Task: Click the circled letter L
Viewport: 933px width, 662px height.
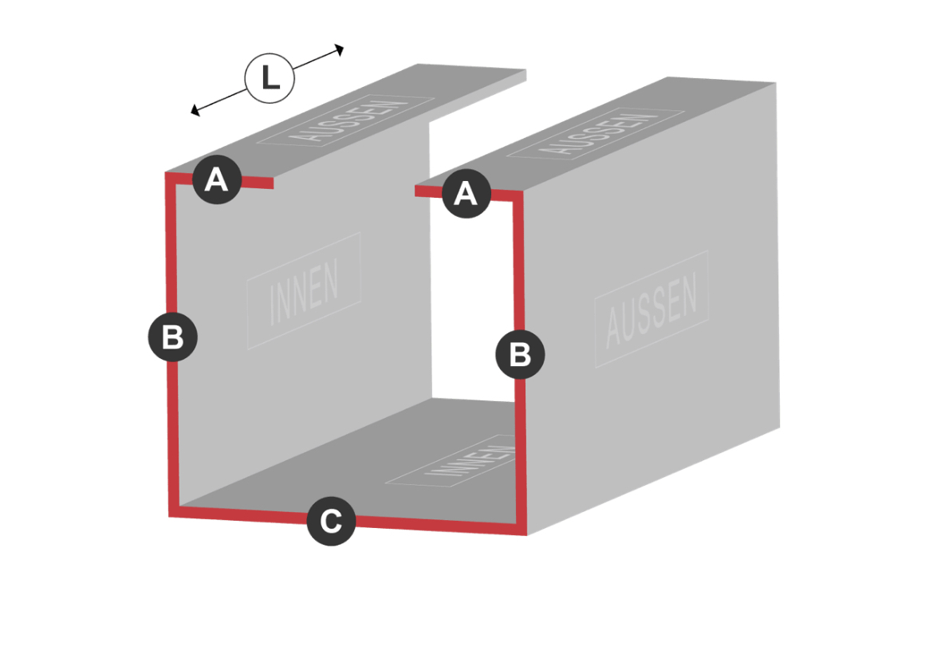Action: pyautogui.click(x=270, y=78)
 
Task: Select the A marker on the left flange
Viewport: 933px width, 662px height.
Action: pyautogui.click(x=217, y=179)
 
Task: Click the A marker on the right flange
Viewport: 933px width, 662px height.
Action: pyautogui.click(x=466, y=194)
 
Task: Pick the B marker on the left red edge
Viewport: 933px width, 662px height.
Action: pyautogui.click(x=172, y=337)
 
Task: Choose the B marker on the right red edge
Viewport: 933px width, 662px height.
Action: pyautogui.click(x=520, y=355)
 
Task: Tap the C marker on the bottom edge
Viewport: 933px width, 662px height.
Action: pyautogui.click(x=332, y=522)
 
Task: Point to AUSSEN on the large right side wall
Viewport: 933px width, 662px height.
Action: pyautogui.click(x=652, y=310)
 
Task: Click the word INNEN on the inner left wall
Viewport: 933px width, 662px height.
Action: pyautogui.click(x=304, y=292)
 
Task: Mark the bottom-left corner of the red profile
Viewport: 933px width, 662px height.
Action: pyautogui.click(x=170, y=516)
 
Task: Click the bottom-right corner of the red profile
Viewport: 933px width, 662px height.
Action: pyautogui.click(x=526, y=534)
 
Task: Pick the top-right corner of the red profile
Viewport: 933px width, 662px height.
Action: pyautogui.click(x=522, y=191)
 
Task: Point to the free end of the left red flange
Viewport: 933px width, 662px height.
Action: pyautogui.click(x=273, y=183)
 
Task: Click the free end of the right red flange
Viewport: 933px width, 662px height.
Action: pyautogui.click(x=415, y=191)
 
